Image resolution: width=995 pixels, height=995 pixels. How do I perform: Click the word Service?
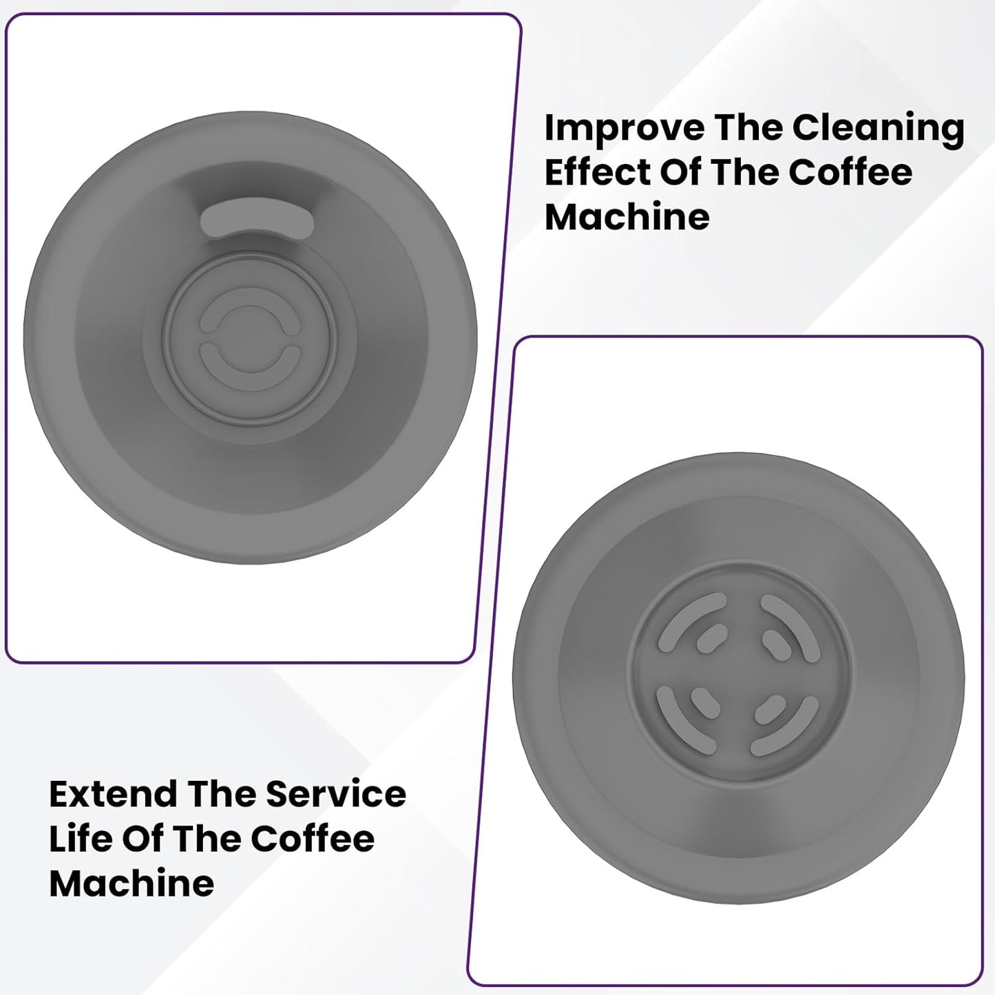click(x=336, y=795)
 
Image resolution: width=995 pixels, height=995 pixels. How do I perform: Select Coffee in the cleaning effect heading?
click(x=850, y=172)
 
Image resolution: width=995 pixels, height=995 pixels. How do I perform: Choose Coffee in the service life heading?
click(x=313, y=839)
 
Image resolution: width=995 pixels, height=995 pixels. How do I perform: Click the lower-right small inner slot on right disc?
click(x=770, y=709)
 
